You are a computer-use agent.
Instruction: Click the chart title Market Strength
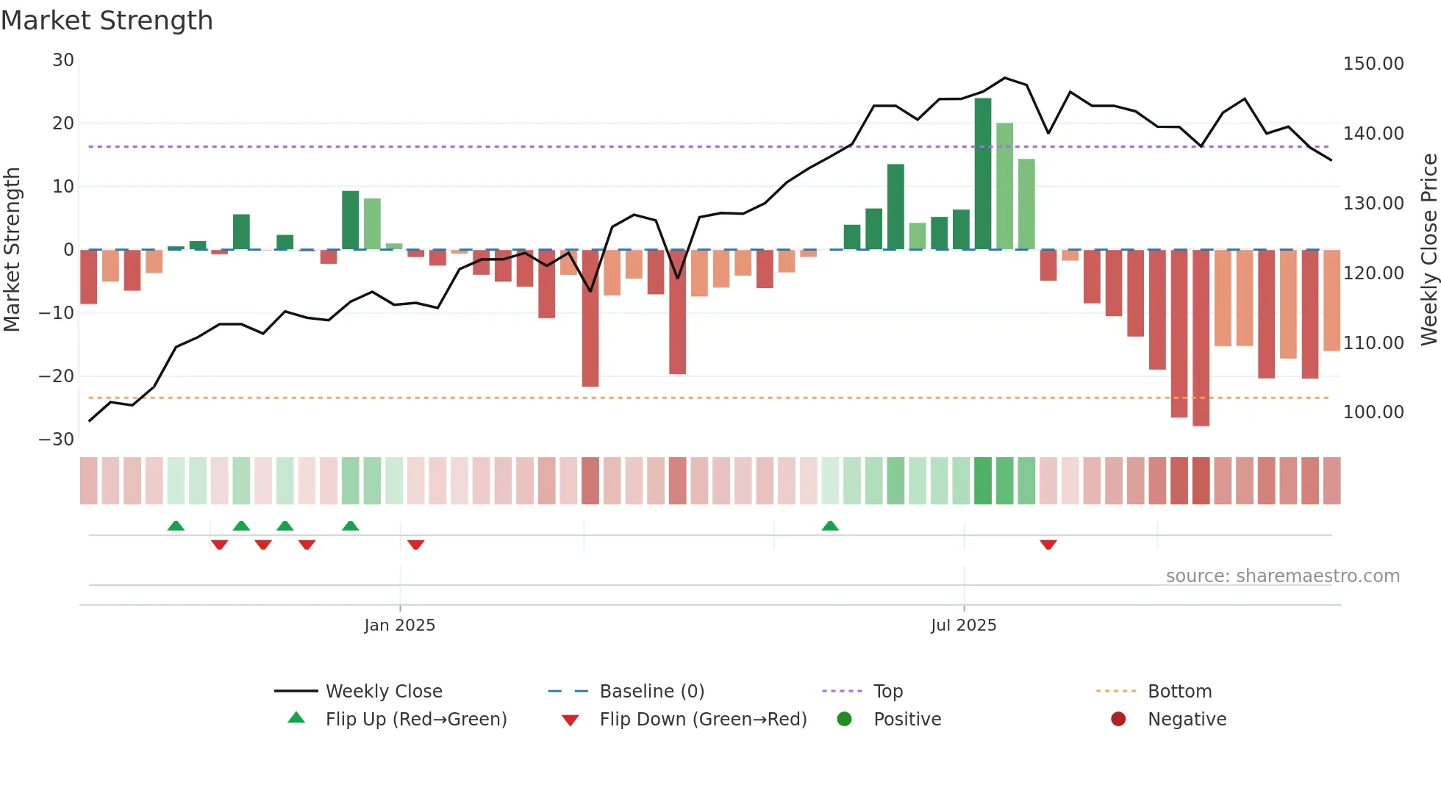(107, 21)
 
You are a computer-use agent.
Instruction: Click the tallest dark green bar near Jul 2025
(982, 173)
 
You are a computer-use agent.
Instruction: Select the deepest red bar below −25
(1201, 338)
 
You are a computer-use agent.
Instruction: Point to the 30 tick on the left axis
(63, 60)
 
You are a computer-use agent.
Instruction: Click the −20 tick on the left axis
(57, 376)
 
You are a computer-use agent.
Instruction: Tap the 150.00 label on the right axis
(1373, 64)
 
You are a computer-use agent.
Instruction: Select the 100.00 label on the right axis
(1373, 412)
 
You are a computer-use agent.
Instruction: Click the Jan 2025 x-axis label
(399, 626)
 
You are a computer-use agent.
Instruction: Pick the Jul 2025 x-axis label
(963, 626)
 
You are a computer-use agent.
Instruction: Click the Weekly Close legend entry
(383, 692)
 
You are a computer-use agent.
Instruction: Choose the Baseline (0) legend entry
(651, 692)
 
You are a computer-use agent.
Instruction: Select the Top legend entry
(887, 692)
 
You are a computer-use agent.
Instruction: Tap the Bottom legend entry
(1179, 692)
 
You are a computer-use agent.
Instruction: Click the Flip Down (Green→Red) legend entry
(702, 720)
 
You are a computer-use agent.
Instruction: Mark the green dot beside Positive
(844, 720)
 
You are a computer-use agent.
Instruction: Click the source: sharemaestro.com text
(1282, 576)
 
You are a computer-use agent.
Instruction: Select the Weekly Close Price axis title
(1429, 250)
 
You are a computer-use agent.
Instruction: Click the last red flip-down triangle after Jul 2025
(1048, 545)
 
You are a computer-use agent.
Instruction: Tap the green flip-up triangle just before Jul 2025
(830, 526)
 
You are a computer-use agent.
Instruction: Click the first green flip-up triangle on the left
(176, 526)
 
